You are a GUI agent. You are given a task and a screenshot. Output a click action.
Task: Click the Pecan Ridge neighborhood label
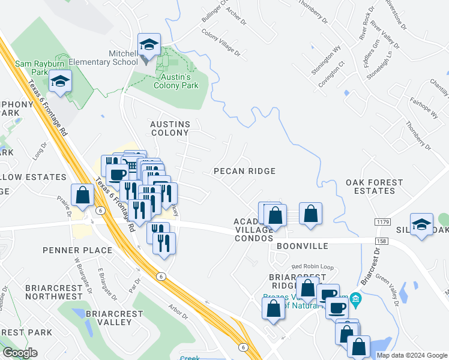pos(244,171)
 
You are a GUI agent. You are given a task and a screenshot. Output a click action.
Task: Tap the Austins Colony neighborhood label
pos(170,129)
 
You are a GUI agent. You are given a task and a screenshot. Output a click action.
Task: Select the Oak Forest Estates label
pos(370,187)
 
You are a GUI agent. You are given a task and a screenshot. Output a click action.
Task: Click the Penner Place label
pos(77,250)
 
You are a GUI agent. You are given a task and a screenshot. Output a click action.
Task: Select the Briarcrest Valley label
pos(114,317)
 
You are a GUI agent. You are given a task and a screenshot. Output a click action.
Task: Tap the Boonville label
pos(303,246)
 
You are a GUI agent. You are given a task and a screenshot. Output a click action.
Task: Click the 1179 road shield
pos(382,222)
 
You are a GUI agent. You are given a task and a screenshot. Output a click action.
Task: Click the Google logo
pos(20,353)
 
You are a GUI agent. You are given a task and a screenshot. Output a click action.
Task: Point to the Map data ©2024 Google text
pos(411,355)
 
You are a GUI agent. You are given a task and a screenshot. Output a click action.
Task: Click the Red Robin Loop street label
pos(312,266)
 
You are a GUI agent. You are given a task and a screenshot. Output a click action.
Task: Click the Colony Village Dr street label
pos(220,43)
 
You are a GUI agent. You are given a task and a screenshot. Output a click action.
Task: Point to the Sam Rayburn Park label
pos(32,67)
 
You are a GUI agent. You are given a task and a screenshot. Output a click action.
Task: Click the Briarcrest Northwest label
pos(53,292)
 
